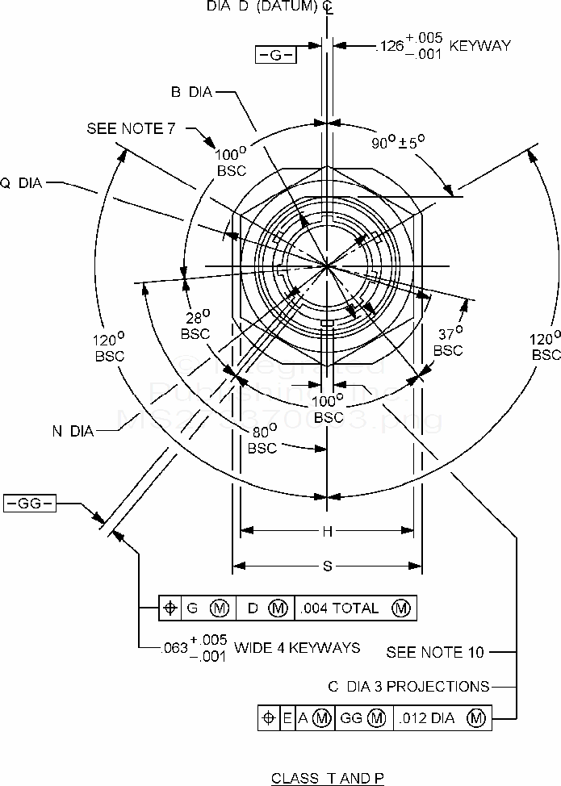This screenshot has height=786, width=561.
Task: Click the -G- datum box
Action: tap(276, 55)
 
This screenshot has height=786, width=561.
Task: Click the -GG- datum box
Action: tap(29, 504)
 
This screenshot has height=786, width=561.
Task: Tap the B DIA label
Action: tap(190, 92)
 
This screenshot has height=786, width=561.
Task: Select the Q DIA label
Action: tap(21, 182)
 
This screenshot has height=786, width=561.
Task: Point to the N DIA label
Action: tap(73, 431)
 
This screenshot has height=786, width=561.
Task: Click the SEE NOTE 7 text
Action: tap(136, 129)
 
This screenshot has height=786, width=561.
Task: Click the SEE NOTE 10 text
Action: tap(436, 651)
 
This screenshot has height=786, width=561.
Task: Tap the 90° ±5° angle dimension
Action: tap(398, 143)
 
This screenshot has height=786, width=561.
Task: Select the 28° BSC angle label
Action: tap(195, 324)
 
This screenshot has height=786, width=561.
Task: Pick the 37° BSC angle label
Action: tap(448, 342)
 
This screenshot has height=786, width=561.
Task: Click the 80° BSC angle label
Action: tap(262, 439)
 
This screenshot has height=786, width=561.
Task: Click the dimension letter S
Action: tap(328, 566)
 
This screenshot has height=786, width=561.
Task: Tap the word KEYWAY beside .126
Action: tap(480, 45)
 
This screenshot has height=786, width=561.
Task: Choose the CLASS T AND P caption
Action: tap(328, 778)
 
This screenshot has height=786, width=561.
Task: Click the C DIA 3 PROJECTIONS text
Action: tap(408, 686)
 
